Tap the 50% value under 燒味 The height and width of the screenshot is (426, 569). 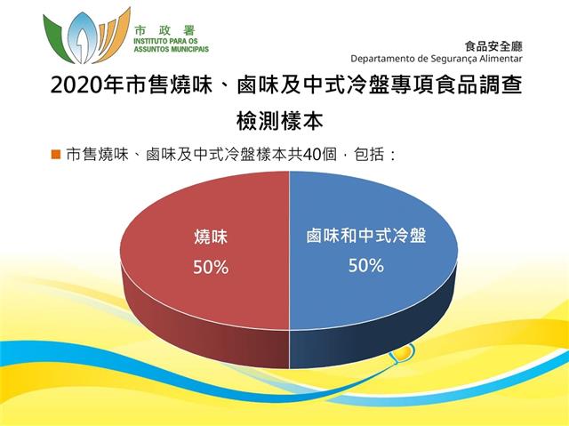[211, 268]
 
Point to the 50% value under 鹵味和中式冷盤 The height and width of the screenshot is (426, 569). [365, 266]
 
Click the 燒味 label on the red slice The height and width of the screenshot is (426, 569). [211, 237]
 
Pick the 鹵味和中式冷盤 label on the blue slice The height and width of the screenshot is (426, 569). [365, 235]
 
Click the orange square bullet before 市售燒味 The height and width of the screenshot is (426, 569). [55, 155]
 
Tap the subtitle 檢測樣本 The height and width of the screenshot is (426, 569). [280, 120]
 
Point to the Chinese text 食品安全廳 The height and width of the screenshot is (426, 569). [493, 46]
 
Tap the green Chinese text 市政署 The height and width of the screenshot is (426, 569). [165, 29]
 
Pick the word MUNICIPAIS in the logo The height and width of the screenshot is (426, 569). [188, 49]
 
